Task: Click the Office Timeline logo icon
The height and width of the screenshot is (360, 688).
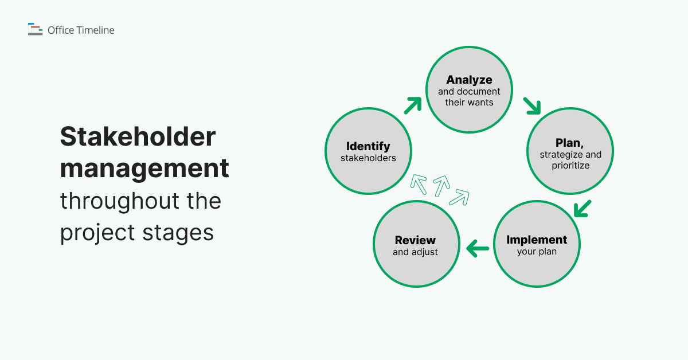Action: pyautogui.click(x=35, y=29)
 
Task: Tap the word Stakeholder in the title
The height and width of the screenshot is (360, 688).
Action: pyautogui.click(x=138, y=137)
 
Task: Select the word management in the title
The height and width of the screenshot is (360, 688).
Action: pyautogui.click(x=144, y=169)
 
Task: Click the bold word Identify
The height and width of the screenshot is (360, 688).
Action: pyautogui.click(x=368, y=146)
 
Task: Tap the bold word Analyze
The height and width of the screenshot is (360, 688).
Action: pyautogui.click(x=470, y=80)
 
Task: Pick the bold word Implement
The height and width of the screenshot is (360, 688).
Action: pyautogui.click(x=537, y=240)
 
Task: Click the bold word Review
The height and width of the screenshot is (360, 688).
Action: pyautogui.click(x=415, y=240)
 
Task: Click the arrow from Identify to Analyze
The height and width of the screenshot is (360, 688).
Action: pyautogui.click(x=413, y=105)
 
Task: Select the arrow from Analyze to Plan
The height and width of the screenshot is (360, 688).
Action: pyautogui.click(x=531, y=105)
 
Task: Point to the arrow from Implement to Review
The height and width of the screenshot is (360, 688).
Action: pyautogui.click(x=478, y=249)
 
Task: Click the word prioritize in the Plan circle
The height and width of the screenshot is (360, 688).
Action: pyautogui.click(x=570, y=166)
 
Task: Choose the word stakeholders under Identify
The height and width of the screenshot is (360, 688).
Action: pyautogui.click(x=368, y=158)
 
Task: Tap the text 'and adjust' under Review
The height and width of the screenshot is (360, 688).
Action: pyautogui.click(x=415, y=252)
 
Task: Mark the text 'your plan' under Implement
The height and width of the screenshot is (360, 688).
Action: pyautogui.click(x=537, y=252)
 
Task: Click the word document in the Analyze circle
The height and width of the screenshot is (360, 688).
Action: pyautogui.click(x=479, y=92)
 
